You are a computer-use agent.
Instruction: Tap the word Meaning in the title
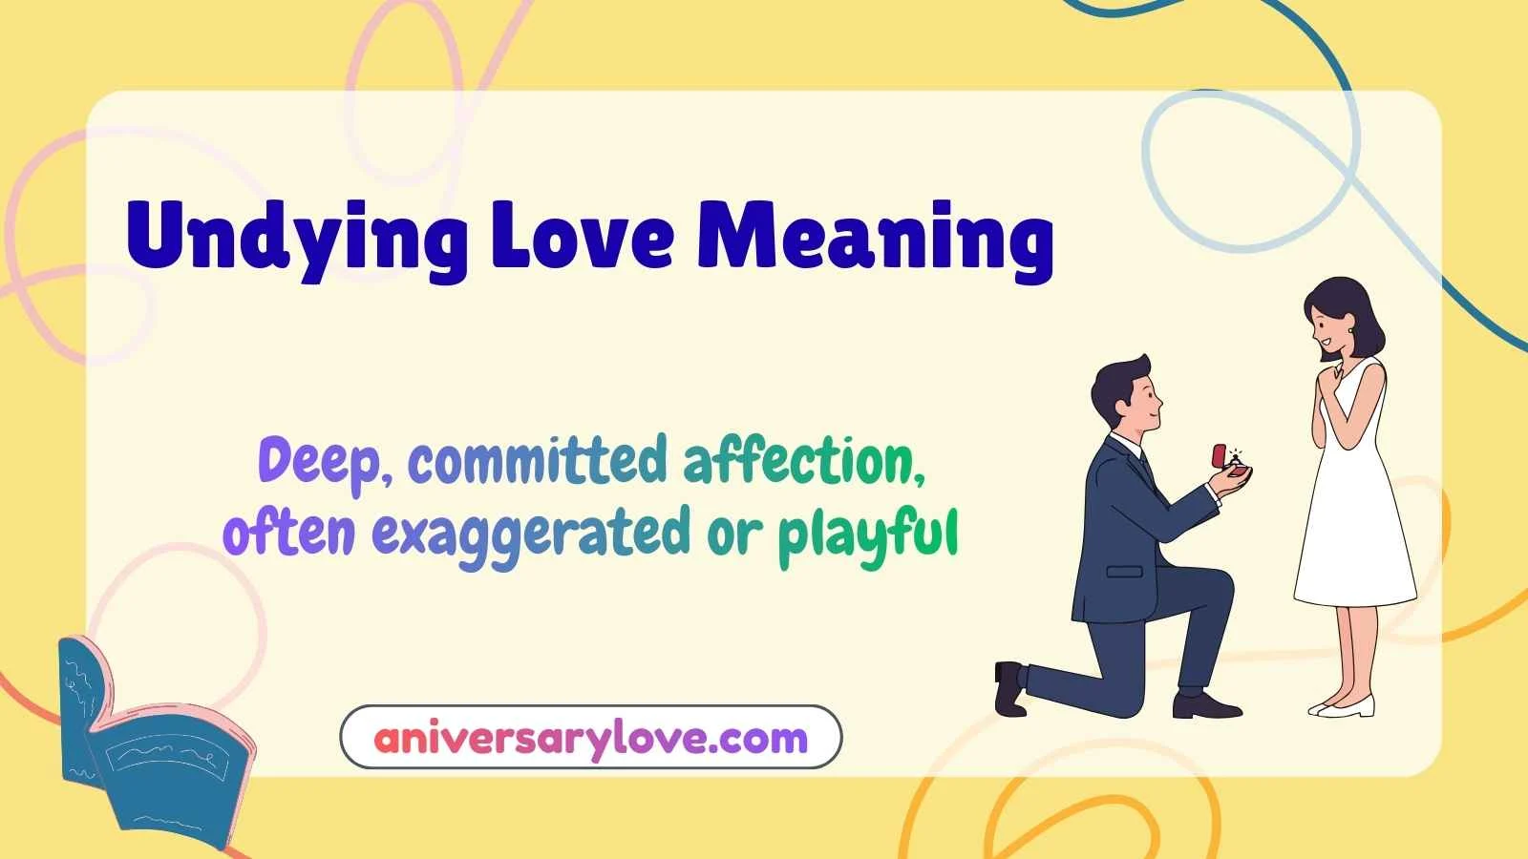[x=874, y=239]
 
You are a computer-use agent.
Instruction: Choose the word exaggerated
[x=530, y=534]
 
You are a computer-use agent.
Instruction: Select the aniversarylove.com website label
[x=591, y=738]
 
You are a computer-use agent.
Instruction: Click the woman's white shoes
[x=1342, y=707]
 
